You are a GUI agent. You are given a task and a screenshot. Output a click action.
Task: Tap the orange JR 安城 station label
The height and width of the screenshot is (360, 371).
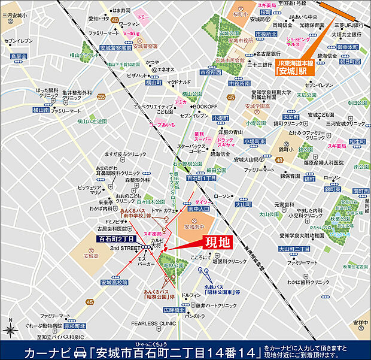pos(294,65)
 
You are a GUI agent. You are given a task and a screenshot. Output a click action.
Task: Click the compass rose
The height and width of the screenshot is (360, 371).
pos(10,329)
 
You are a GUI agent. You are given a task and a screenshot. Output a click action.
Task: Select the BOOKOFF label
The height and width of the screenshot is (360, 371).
pos(205,107)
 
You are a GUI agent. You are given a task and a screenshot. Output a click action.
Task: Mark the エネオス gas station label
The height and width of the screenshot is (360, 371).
pos(166,69)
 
